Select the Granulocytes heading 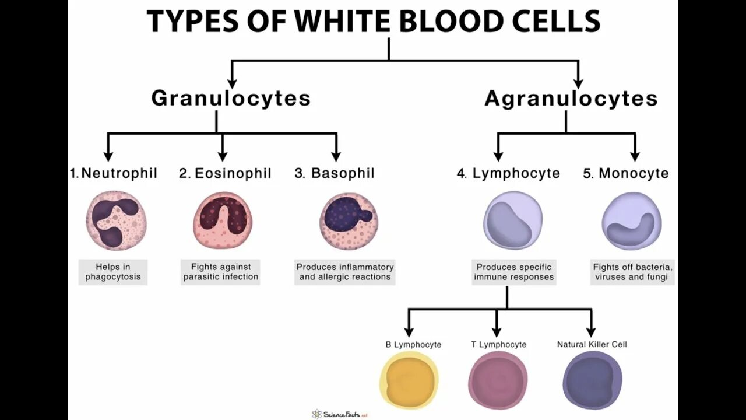click(231, 98)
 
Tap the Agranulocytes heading click(571, 99)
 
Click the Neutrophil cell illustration click(115, 220)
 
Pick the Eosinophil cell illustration click(223, 220)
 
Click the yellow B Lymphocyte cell click(409, 380)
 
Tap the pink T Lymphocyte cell click(498, 380)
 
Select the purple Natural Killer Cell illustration click(592, 380)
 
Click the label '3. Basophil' click(335, 173)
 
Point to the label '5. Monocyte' click(626, 173)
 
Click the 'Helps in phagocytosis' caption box click(113, 272)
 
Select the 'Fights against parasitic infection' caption click(221, 272)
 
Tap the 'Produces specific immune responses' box click(513, 272)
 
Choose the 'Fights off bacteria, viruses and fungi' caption click(633, 272)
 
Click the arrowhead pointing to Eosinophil click(222, 156)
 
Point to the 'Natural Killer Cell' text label click(592, 344)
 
